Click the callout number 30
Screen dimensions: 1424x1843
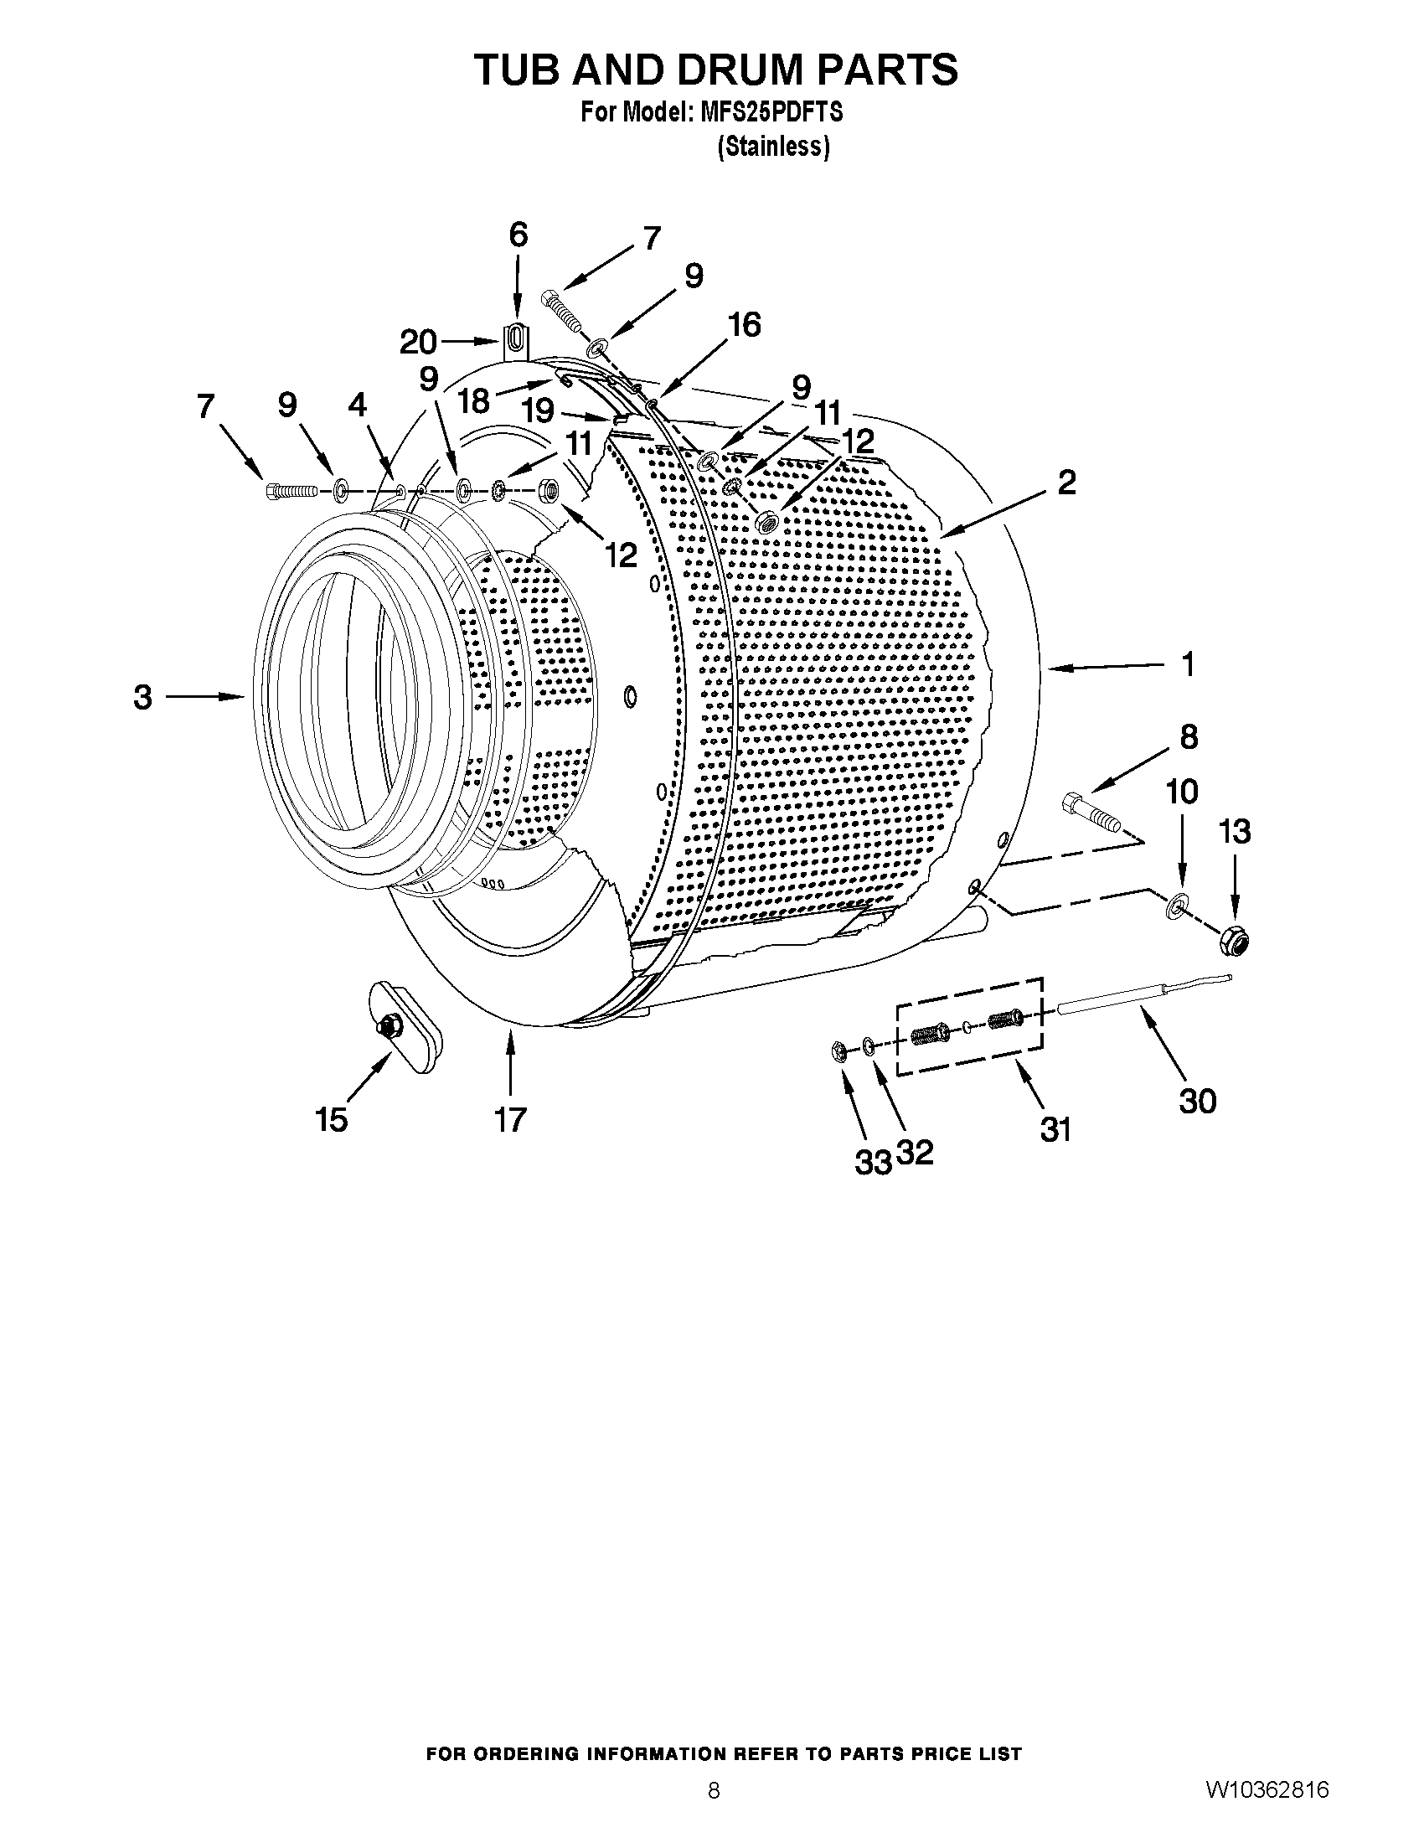(x=1197, y=1101)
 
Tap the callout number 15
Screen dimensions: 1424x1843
(x=331, y=1120)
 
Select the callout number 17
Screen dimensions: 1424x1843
(x=510, y=1120)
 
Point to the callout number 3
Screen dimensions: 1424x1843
(x=142, y=697)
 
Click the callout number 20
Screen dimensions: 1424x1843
(x=418, y=342)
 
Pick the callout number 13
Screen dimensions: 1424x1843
(x=1234, y=832)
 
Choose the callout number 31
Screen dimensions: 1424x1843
(x=1055, y=1128)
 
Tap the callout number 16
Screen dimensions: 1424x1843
(x=745, y=324)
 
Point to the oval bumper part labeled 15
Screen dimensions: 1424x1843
(x=404, y=1025)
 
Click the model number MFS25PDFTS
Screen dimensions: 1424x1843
(x=771, y=112)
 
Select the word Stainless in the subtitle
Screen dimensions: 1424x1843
(x=774, y=147)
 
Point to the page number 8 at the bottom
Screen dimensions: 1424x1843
(x=714, y=1813)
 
